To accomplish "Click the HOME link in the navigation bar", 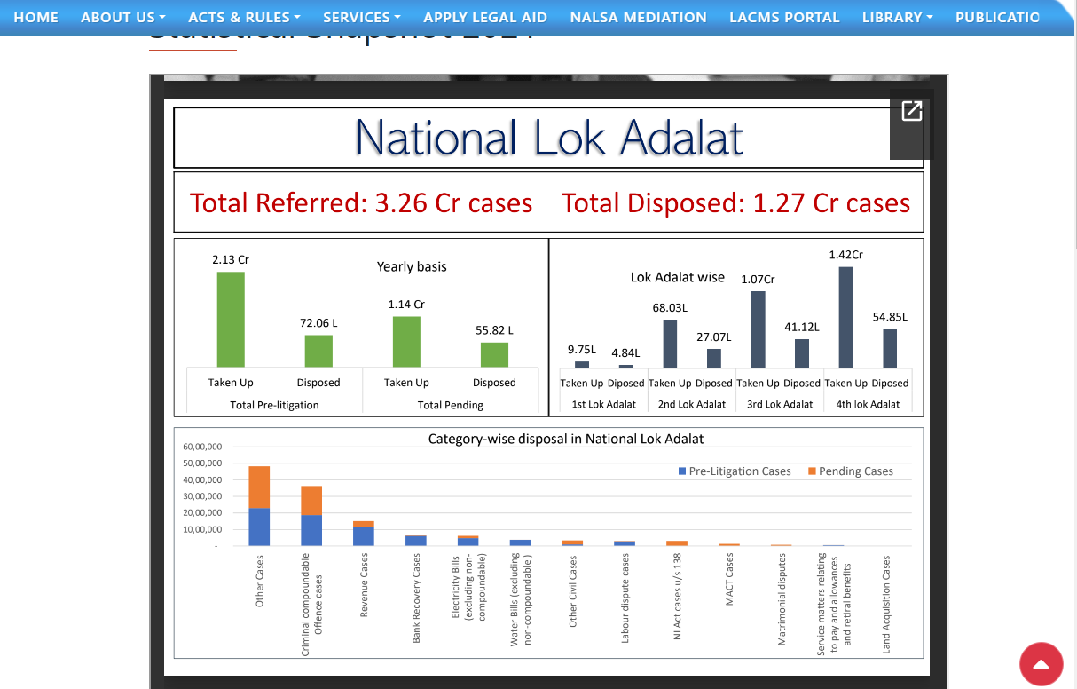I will [35, 17].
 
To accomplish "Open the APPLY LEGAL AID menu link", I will [484, 17].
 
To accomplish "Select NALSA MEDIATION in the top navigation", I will [638, 17].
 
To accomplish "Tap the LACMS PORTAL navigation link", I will [783, 17].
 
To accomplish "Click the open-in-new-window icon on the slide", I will [911, 111].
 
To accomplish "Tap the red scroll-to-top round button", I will [1042, 664].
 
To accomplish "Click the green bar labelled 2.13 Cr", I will [231, 320].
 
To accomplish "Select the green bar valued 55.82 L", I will [494, 355].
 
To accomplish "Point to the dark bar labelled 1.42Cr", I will [845, 317].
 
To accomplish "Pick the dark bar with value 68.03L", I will [670, 344].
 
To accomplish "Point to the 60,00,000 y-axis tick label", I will [202, 447].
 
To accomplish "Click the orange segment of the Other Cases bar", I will [259, 487].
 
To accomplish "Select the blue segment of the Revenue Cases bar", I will [364, 536].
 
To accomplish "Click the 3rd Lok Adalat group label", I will [779, 404].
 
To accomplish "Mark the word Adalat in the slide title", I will [681, 138].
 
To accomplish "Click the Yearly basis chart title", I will [412, 266].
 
